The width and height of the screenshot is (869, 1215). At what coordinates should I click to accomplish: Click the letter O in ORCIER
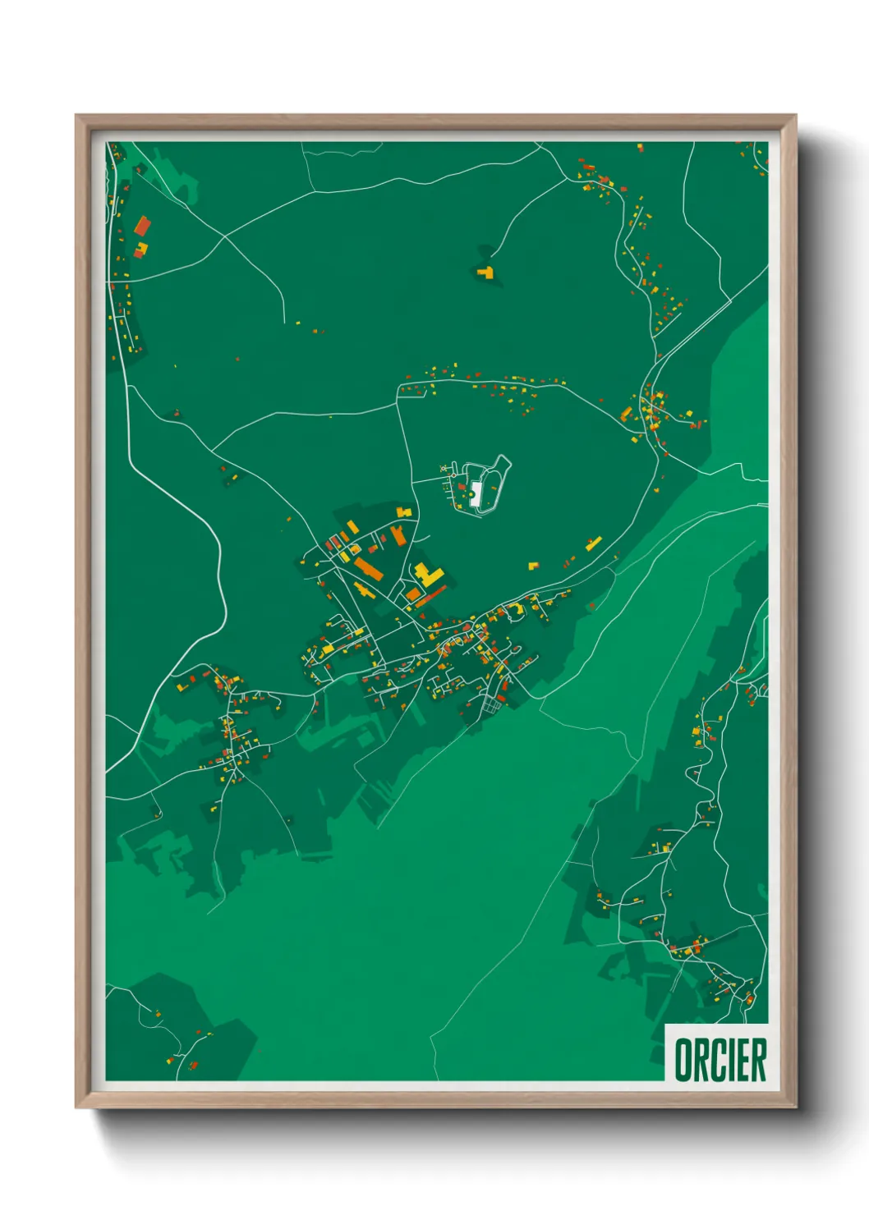[x=683, y=1060]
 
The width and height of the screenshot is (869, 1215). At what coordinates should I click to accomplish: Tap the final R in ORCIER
[x=757, y=1060]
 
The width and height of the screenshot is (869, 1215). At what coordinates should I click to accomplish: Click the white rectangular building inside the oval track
[x=476, y=493]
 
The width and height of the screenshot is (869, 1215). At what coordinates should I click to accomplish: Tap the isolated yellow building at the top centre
[x=486, y=272]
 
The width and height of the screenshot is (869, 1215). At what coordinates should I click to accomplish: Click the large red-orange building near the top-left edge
[x=143, y=226]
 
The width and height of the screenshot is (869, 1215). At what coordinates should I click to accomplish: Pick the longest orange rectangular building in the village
[x=367, y=568]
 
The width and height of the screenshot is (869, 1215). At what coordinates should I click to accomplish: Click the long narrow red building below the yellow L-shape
[x=431, y=597]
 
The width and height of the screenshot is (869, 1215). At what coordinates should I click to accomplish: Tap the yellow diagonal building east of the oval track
[x=593, y=543]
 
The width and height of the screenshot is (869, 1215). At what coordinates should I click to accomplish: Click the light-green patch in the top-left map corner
[x=181, y=185]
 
